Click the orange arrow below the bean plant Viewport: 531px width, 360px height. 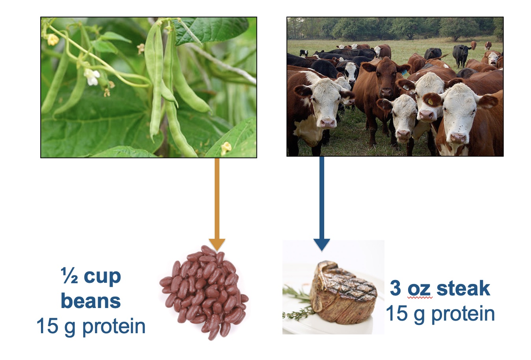217,204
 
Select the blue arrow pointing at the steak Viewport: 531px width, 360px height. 322,204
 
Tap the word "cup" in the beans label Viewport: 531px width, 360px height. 102,277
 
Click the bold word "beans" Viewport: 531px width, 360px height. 91,301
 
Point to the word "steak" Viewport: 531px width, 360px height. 463,288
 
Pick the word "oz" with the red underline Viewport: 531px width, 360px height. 420,290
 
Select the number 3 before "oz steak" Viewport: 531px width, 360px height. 395,288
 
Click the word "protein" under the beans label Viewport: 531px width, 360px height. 114,328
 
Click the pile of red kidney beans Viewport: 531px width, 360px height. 204,292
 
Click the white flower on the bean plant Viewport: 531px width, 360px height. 92,76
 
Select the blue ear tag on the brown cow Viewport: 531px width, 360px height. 404,72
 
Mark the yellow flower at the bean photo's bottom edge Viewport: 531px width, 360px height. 226,148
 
